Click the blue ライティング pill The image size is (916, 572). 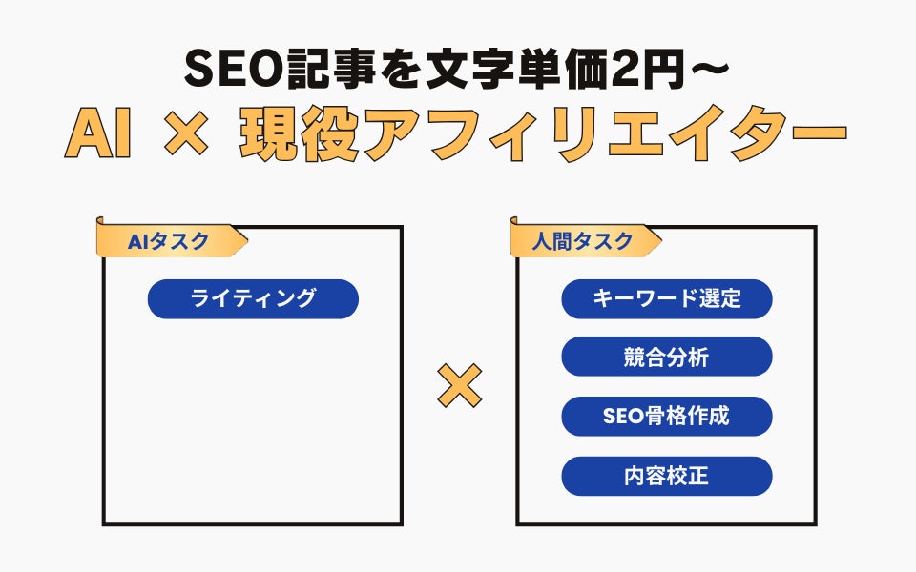coord(253,298)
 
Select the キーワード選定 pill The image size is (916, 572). coord(666,298)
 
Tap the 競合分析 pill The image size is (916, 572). coord(666,357)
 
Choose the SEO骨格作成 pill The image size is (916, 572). coord(666,417)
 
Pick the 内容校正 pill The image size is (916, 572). coord(666,476)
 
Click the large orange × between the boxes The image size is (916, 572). coord(459,387)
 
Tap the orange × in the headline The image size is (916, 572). coord(184,137)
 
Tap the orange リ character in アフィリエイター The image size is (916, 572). coord(566,137)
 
